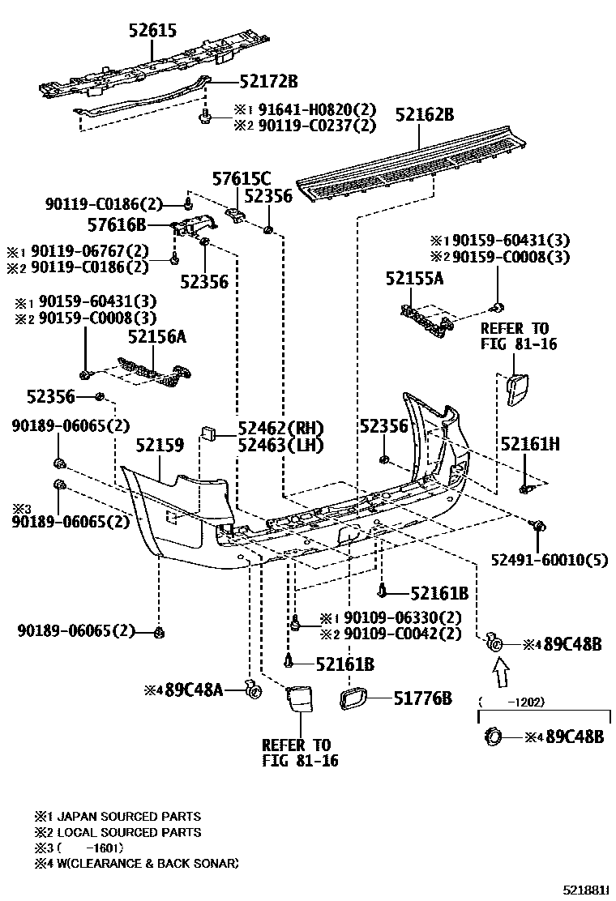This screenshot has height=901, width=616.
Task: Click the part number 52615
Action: (x=152, y=32)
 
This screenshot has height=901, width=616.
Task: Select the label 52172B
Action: (x=268, y=81)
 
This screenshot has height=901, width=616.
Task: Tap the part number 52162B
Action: (x=425, y=115)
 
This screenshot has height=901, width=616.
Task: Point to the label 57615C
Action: (x=241, y=179)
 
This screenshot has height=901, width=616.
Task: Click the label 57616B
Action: (x=117, y=224)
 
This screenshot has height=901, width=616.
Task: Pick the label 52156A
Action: (x=157, y=337)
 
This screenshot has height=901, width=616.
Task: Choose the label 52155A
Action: (x=414, y=279)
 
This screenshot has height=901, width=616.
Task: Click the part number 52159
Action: (x=160, y=445)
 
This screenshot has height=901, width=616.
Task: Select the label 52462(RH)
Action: (x=280, y=429)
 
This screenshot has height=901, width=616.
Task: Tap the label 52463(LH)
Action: (x=280, y=445)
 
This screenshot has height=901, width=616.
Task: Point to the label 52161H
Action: (x=531, y=444)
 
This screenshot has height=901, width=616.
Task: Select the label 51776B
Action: (x=422, y=698)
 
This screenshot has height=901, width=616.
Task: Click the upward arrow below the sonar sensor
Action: (x=500, y=671)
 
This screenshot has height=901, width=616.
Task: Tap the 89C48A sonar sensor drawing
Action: (x=253, y=690)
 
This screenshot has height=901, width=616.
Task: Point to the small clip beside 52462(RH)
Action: (x=207, y=431)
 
